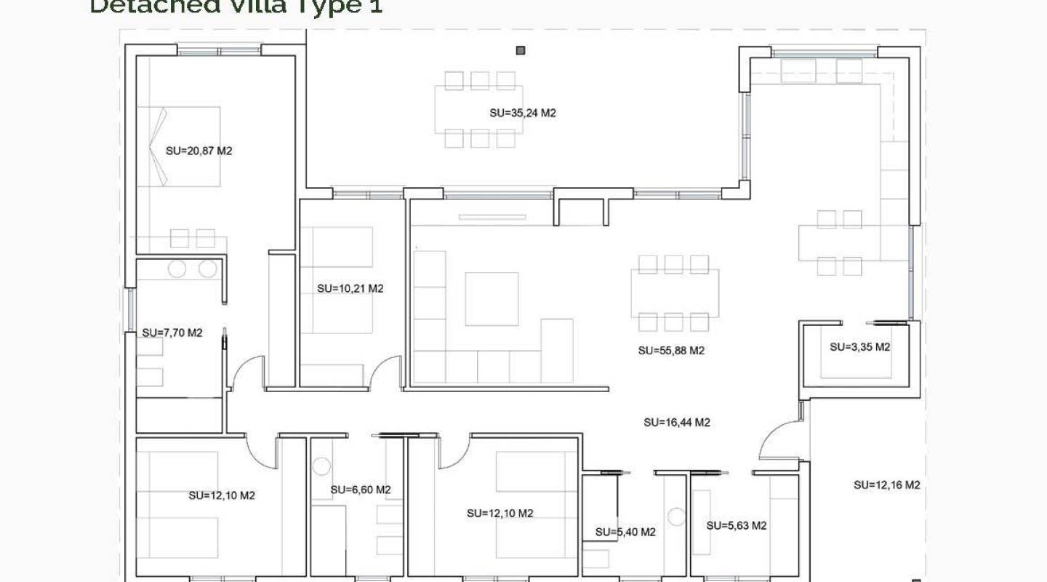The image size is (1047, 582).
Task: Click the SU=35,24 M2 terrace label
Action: click(x=523, y=113)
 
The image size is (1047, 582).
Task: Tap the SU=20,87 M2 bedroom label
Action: click(x=198, y=151)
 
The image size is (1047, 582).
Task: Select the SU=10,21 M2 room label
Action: click(x=350, y=288)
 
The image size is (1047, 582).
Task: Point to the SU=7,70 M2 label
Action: click(x=172, y=332)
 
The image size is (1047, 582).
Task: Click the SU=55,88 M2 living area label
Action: click(x=671, y=350)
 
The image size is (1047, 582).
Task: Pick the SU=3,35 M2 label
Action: click(x=859, y=347)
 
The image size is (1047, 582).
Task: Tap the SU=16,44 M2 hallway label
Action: click(x=677, y=422)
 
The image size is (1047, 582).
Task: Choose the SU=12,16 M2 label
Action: click(x=886, y=485)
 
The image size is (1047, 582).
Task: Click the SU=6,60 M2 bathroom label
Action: click(x=360, y=490)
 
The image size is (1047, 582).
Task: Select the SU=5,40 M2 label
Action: click(x=625, y=532)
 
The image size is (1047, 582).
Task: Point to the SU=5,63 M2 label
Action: click(x=737, y=525)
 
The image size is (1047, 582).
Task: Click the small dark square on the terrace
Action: click(x=521, y=50)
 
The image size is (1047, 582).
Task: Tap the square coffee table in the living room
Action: click(x=492, y=299)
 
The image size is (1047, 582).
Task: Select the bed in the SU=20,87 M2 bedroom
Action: click(x=180, y=146)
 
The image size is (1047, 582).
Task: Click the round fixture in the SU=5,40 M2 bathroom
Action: click(x=677, y=517)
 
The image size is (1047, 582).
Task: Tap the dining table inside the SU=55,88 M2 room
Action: click(x=675, y=293)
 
